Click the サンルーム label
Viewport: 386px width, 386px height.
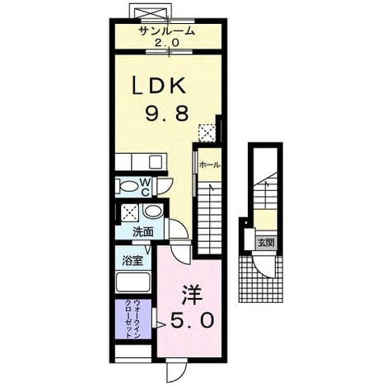pos(167,31)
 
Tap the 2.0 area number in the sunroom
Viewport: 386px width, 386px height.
pos(167,43)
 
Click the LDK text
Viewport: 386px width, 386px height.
pos(159,86)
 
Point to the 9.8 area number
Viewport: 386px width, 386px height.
pos(167,114)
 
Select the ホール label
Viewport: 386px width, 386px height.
pos(210,165)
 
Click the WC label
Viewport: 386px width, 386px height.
pos(146,188)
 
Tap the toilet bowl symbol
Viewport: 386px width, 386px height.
pos(127,187)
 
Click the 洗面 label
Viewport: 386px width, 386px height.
pos(142,232)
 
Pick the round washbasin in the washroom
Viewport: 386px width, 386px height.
pos(153,212)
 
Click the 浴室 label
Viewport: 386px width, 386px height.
pos(133,260)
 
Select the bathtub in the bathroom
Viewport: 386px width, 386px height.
pos(133,282)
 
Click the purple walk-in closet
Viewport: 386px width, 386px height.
pos(133,319)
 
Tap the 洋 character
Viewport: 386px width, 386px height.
pos(192,295)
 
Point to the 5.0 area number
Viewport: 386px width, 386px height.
pos(192,321)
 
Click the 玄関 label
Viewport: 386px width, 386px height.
pos(266,243)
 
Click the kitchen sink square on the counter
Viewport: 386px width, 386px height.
pos(156,162)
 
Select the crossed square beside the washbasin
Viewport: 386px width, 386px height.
pos(129,212)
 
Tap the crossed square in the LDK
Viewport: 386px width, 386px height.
pos(207,133)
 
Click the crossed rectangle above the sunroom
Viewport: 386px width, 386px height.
pos(148,11)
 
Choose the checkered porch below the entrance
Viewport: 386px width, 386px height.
pos(261,279)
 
